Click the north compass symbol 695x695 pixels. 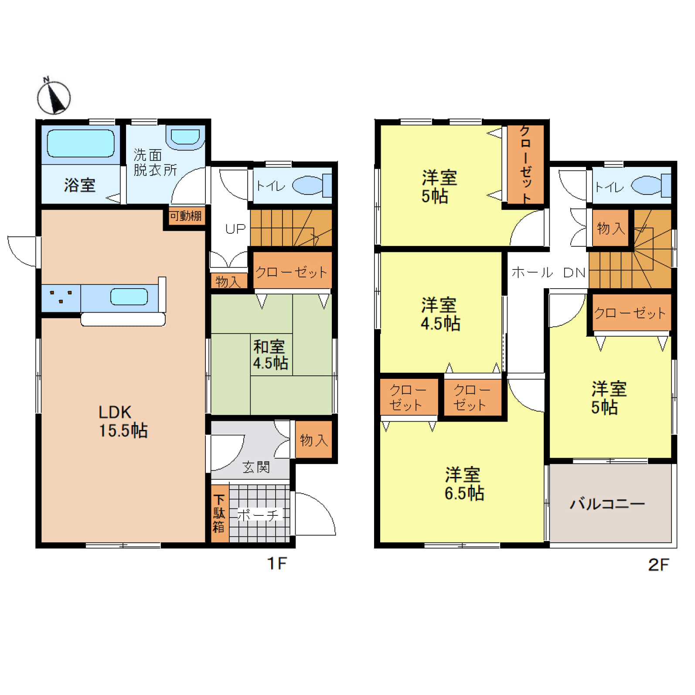[54, 96]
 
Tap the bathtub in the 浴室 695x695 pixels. [81, 143]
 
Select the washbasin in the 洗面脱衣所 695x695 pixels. [185, 137]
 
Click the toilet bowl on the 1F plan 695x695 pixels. [311, 185]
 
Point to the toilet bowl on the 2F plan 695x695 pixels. [651, 185]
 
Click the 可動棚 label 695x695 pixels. [186, 216]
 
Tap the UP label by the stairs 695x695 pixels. [235, 228]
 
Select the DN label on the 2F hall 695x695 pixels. [574, 273]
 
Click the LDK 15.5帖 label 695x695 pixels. [123, 421]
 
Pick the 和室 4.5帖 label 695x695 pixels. [270, 354]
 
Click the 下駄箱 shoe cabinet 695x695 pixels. [220, 514]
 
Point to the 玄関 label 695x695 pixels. [256, 467]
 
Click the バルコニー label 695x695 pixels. [607, 504]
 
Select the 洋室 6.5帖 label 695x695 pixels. [464, 484]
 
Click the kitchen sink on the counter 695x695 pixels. [129, 297]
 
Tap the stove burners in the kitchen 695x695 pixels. [61, 297]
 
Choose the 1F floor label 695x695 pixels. [277, 563]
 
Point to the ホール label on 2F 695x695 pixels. [532, 273]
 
